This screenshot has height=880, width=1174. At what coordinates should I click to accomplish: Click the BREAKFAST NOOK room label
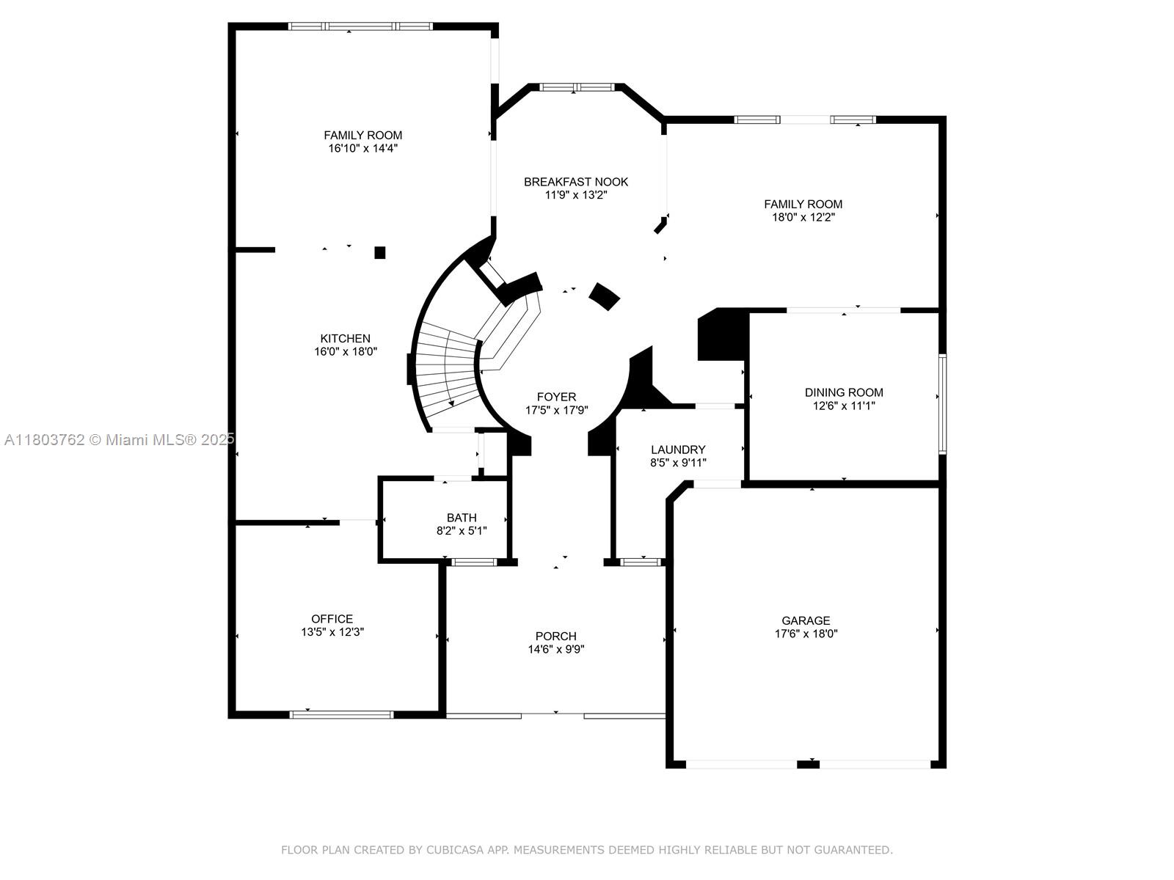coord(575,182)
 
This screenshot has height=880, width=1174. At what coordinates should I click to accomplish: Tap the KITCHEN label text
coord(345,338)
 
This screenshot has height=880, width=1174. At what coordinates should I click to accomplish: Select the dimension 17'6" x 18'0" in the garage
coord(806,634)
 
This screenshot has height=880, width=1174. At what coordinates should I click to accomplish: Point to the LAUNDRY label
coord(678,450)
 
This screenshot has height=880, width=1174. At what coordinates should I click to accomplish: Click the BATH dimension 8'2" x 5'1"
coord(462,531)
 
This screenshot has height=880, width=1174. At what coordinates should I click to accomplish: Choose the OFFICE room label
coord(332,619)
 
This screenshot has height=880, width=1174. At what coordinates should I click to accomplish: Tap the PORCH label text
coord(555,637)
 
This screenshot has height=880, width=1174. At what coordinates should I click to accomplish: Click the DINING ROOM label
coord(844,392)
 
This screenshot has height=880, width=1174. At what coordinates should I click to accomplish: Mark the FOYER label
coord(556,397)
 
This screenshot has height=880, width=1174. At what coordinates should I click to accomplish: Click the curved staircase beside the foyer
coord(447,369)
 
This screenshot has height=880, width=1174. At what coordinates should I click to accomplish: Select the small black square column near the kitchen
coord(380,252)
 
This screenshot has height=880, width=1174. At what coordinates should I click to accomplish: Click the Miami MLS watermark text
coord(120,440)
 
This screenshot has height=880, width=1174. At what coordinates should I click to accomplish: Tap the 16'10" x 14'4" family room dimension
coord(362,149)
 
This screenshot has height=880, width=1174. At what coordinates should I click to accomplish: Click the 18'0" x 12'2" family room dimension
coord(803,218)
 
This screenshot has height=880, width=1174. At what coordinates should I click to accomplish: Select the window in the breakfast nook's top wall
coord(577,87)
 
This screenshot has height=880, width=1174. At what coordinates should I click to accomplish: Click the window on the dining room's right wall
coord(942,404)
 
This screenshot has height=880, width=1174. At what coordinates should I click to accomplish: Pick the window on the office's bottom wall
coord(341,715)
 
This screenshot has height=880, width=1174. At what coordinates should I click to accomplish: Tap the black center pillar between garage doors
coord(808,765)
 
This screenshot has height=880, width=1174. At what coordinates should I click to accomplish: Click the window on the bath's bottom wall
coord(475,562)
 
